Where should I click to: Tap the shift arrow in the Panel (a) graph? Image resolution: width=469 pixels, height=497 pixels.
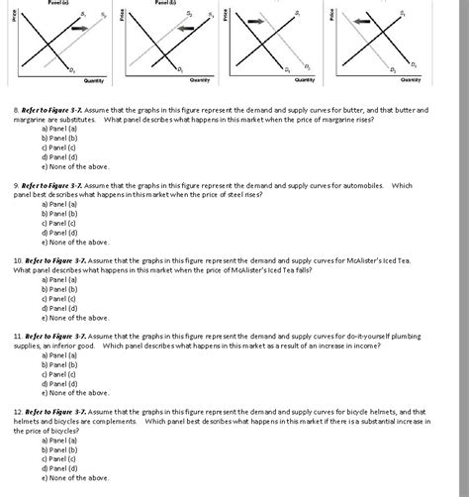point(80,31)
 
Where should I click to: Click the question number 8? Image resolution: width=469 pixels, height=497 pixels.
point(17,110)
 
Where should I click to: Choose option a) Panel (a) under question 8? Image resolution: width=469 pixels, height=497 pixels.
point(60,128)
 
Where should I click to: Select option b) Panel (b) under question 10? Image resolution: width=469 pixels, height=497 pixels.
point(60,289)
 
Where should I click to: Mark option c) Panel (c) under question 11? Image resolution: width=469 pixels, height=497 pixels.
point(60,373)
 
